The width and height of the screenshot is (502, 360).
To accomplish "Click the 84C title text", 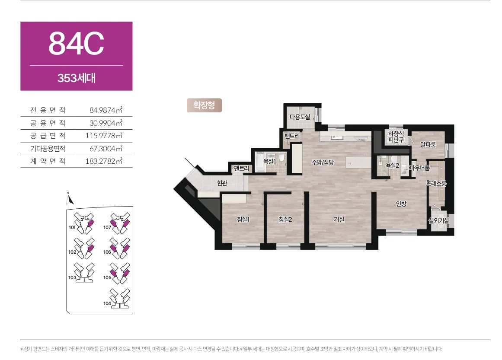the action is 76,43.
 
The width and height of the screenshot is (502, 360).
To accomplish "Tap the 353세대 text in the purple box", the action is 77,78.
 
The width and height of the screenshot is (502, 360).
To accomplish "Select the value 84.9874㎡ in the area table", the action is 106,110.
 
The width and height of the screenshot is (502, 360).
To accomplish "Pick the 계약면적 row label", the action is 48,161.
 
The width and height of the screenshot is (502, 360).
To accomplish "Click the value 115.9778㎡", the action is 104,136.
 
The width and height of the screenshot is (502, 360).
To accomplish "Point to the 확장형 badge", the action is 204,105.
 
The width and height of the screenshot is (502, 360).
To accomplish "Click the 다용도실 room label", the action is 300,117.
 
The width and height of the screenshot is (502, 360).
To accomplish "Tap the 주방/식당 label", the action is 323,162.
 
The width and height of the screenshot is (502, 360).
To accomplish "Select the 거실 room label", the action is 339,219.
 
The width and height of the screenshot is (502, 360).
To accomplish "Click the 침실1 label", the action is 243,219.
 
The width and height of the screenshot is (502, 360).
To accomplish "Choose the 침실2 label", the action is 285,219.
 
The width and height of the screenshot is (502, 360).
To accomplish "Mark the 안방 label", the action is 401,204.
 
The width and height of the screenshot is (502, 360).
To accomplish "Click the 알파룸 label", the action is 428,145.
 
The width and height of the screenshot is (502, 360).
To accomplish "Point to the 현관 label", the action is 222,183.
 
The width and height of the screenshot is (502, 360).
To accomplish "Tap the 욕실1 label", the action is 269,162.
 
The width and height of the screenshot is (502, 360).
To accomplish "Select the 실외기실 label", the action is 438,220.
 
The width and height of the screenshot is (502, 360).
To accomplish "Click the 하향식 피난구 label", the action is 396,137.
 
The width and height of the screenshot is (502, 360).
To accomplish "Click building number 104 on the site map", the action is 107,303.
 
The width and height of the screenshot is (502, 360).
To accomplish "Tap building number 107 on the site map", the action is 107,227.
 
